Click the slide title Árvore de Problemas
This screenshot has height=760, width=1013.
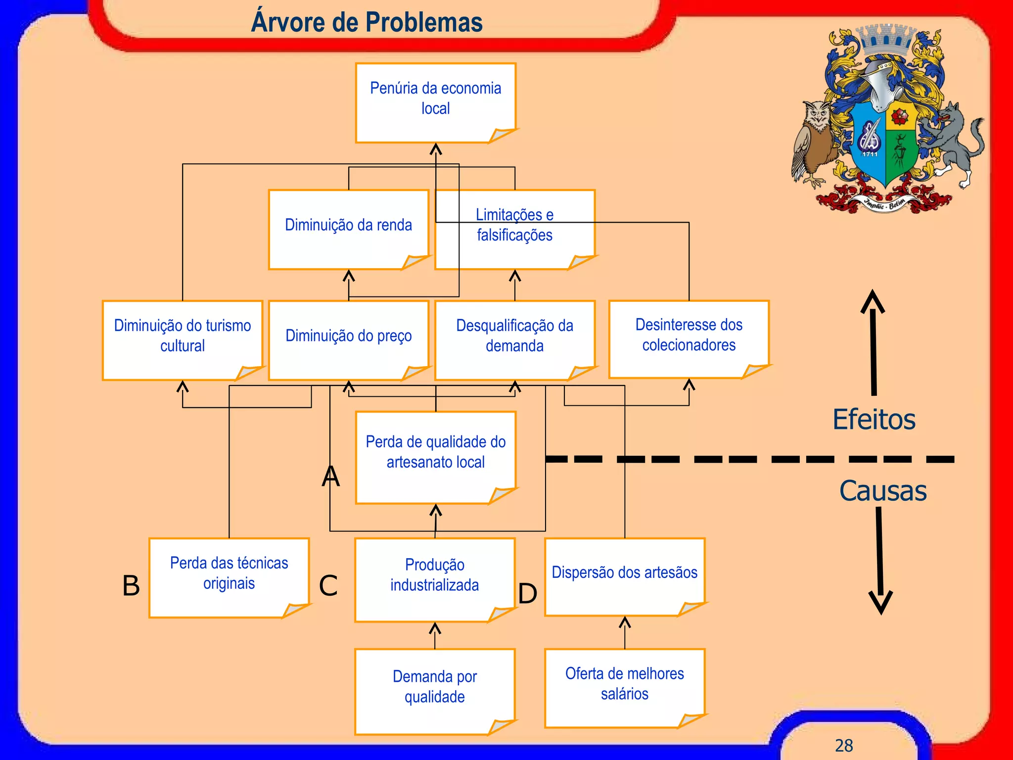[367, 22]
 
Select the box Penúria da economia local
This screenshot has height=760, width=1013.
[435, 102]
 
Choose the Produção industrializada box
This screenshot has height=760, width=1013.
[435, 579]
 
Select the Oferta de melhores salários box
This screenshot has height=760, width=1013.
[624, 688]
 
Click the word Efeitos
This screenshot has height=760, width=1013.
[874, 420]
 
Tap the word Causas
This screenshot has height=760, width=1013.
[883, 491]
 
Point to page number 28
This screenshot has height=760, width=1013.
[844, 745]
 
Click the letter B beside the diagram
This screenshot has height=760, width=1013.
[131, 586]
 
